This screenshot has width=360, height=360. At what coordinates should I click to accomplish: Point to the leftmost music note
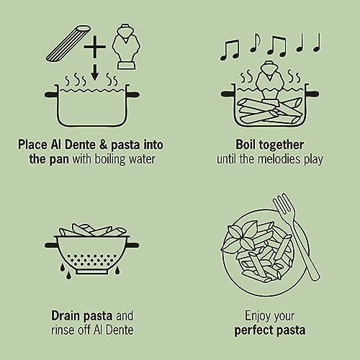229,51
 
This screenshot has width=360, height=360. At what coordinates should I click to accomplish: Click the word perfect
253,330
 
